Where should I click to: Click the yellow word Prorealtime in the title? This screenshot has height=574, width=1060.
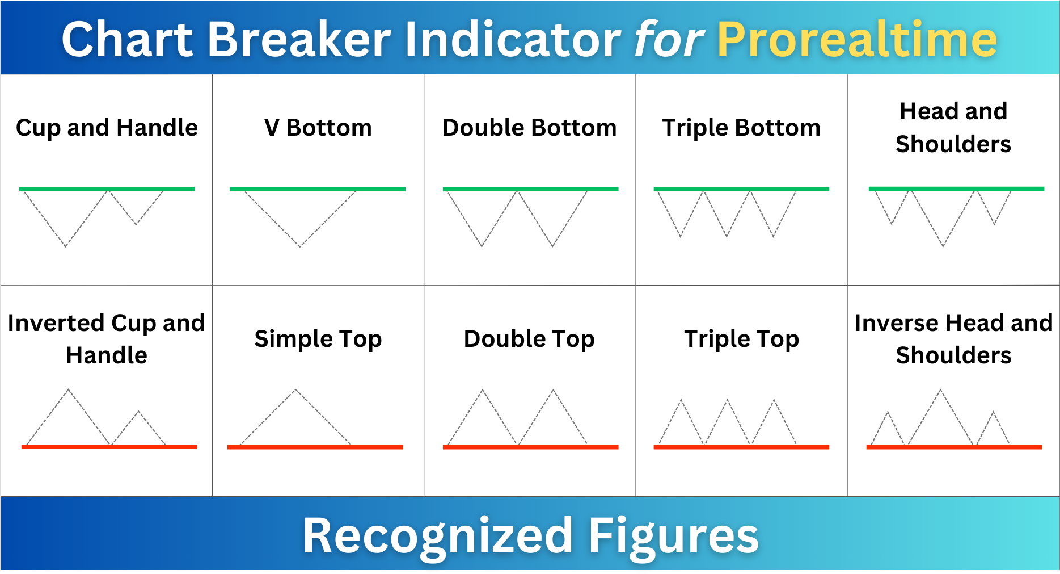(857, 39)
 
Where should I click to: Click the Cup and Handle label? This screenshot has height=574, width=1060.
(107, 128)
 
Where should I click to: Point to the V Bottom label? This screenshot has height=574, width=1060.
(318, 128)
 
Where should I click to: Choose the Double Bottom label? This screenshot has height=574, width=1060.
(530, 128)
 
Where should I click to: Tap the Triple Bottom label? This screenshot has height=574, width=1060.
(741, 128)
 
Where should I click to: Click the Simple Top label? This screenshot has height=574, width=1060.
(318, 340)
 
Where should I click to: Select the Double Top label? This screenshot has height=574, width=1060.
(530, 340)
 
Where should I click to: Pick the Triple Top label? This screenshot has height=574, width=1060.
(742, 340)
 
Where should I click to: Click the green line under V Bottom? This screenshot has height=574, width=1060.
(318, 189)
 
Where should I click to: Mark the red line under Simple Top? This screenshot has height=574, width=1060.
(315, 447)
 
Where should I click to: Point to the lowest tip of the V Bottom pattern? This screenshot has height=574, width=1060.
(300, 247)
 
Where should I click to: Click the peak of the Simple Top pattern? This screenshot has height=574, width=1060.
(295, 389)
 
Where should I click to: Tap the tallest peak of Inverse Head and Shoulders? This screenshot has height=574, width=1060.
(940, 389)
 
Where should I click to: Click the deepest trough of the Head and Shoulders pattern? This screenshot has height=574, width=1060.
(943, 246)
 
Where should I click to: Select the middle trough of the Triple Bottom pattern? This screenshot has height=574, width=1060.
(727, 236)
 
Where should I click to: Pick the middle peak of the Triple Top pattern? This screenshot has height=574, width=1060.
(727, 400)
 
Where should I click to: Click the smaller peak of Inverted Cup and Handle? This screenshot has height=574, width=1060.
(138, 411)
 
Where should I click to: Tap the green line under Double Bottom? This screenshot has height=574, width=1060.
(530, 189)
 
